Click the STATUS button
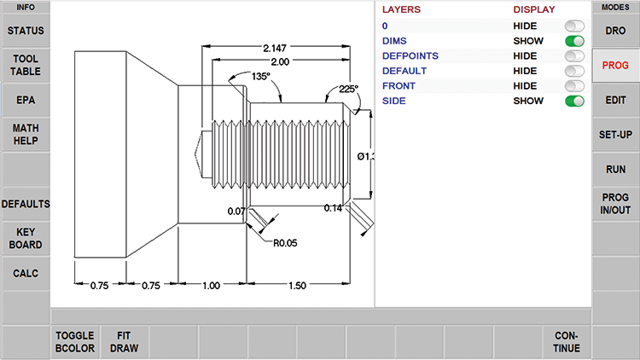[x=25, y=31]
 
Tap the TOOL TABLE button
[x=25, y=65]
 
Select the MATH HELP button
[x=25, y=134]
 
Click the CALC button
[x=25, y=273]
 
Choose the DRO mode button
[x=615, y=31]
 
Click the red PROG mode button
[x=615, y=65]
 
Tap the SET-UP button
[x=615, y=134]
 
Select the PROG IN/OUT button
[x=615, y=204]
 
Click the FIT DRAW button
[x=125, y=342]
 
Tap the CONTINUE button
[x=566, y=342]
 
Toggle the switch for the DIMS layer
[x=574, y=41]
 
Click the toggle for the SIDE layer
[x=574, y=101]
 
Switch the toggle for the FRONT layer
[x=574, y=86]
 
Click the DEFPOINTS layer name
[x=410, y=55]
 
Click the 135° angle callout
[x=261, y=76]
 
